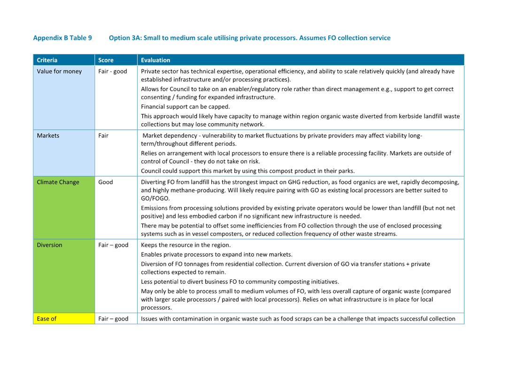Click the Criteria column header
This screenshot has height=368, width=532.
47,60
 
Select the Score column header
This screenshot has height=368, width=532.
106,60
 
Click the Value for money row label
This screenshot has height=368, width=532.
59,71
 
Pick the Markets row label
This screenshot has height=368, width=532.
48,136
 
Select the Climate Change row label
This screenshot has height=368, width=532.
58,182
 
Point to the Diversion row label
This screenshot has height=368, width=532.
49,245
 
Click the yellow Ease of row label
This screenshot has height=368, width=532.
46,319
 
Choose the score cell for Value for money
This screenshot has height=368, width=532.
113,71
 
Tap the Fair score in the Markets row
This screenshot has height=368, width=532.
103,136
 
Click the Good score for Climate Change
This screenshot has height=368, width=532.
106,182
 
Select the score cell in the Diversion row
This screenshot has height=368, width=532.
113,245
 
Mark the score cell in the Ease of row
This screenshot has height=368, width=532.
113,319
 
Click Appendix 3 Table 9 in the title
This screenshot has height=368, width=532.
62,38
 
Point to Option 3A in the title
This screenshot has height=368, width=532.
124,38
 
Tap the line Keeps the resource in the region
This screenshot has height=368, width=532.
185,245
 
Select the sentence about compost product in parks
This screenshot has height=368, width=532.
247,171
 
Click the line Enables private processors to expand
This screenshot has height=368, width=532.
216,254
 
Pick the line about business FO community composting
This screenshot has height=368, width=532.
239,282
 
